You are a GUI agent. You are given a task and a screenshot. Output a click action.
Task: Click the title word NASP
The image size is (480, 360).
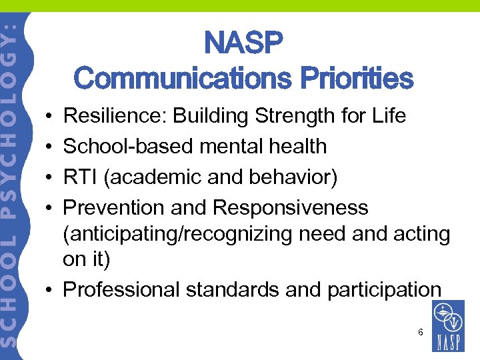coord(244,45)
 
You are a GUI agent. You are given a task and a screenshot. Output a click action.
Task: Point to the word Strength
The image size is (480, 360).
coord(297,116)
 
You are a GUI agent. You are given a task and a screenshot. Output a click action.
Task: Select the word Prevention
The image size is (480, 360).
coord(114,208)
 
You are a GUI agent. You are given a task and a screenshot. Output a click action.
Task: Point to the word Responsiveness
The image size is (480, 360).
coord(291,208)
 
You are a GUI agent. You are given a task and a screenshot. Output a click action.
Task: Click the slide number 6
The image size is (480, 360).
coord(421,331)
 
